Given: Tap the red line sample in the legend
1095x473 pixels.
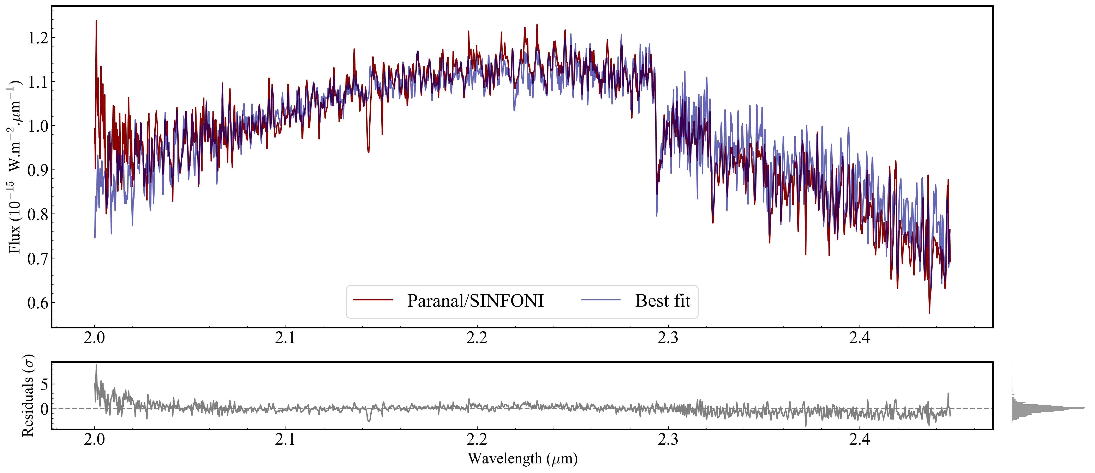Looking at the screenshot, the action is (373, 300).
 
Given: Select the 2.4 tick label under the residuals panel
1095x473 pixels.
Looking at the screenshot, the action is (860, 439).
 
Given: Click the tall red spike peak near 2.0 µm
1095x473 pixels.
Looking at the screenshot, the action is (96, 21).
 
